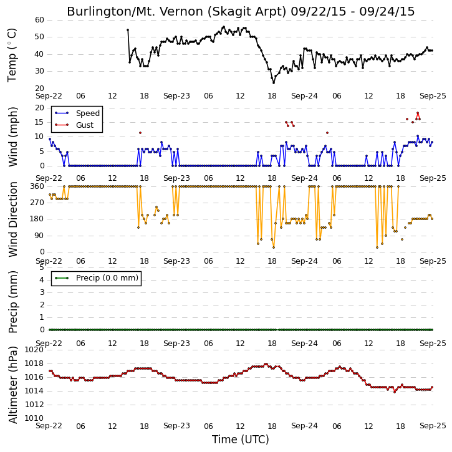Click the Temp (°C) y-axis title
12,55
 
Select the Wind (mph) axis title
13,137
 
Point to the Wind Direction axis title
13,219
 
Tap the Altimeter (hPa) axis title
13,385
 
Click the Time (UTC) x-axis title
241,440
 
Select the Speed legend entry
77,113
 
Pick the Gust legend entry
74,125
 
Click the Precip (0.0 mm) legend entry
96,278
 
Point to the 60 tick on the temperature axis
39,20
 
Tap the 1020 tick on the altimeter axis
34,350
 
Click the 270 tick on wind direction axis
37,203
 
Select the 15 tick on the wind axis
39,122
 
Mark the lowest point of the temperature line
274,83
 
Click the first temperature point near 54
128,30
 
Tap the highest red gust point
418,113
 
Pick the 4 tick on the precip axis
42,280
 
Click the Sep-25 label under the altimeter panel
433,426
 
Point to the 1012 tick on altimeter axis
34,405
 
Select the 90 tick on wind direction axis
39,236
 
